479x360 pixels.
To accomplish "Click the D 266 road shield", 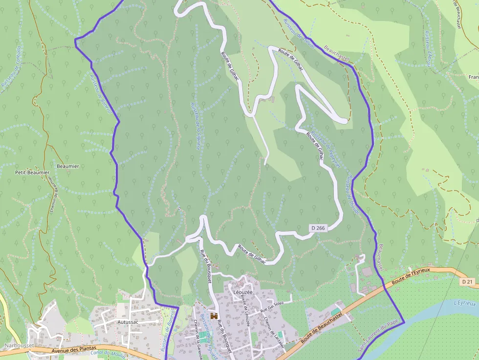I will click(318, 228).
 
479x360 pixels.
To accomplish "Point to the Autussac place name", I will click(128, 323).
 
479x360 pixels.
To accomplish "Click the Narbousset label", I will click(19, 345).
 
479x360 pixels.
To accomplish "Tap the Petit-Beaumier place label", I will click(32, 172).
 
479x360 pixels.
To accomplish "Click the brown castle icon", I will click(214, 316).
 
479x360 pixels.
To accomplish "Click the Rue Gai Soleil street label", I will click(272, 306).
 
